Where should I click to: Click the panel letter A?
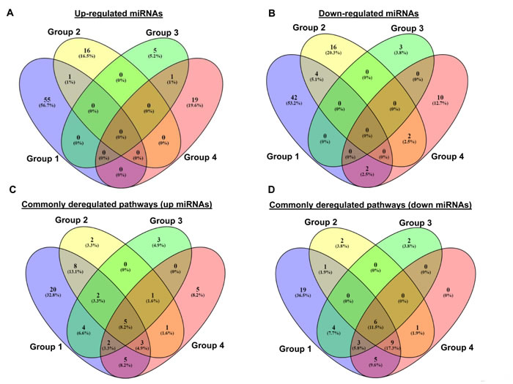coord(10,10)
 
